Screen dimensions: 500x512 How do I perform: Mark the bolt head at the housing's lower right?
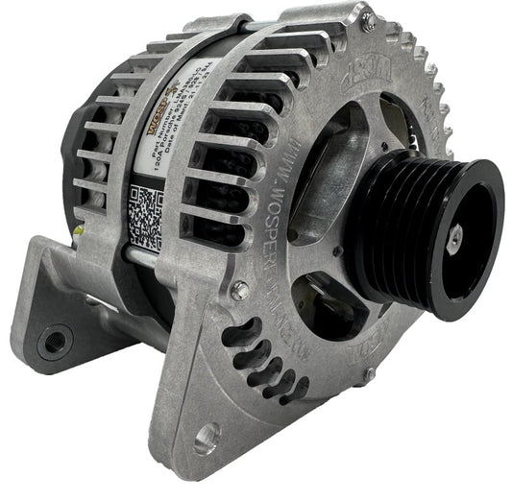(368, 376)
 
